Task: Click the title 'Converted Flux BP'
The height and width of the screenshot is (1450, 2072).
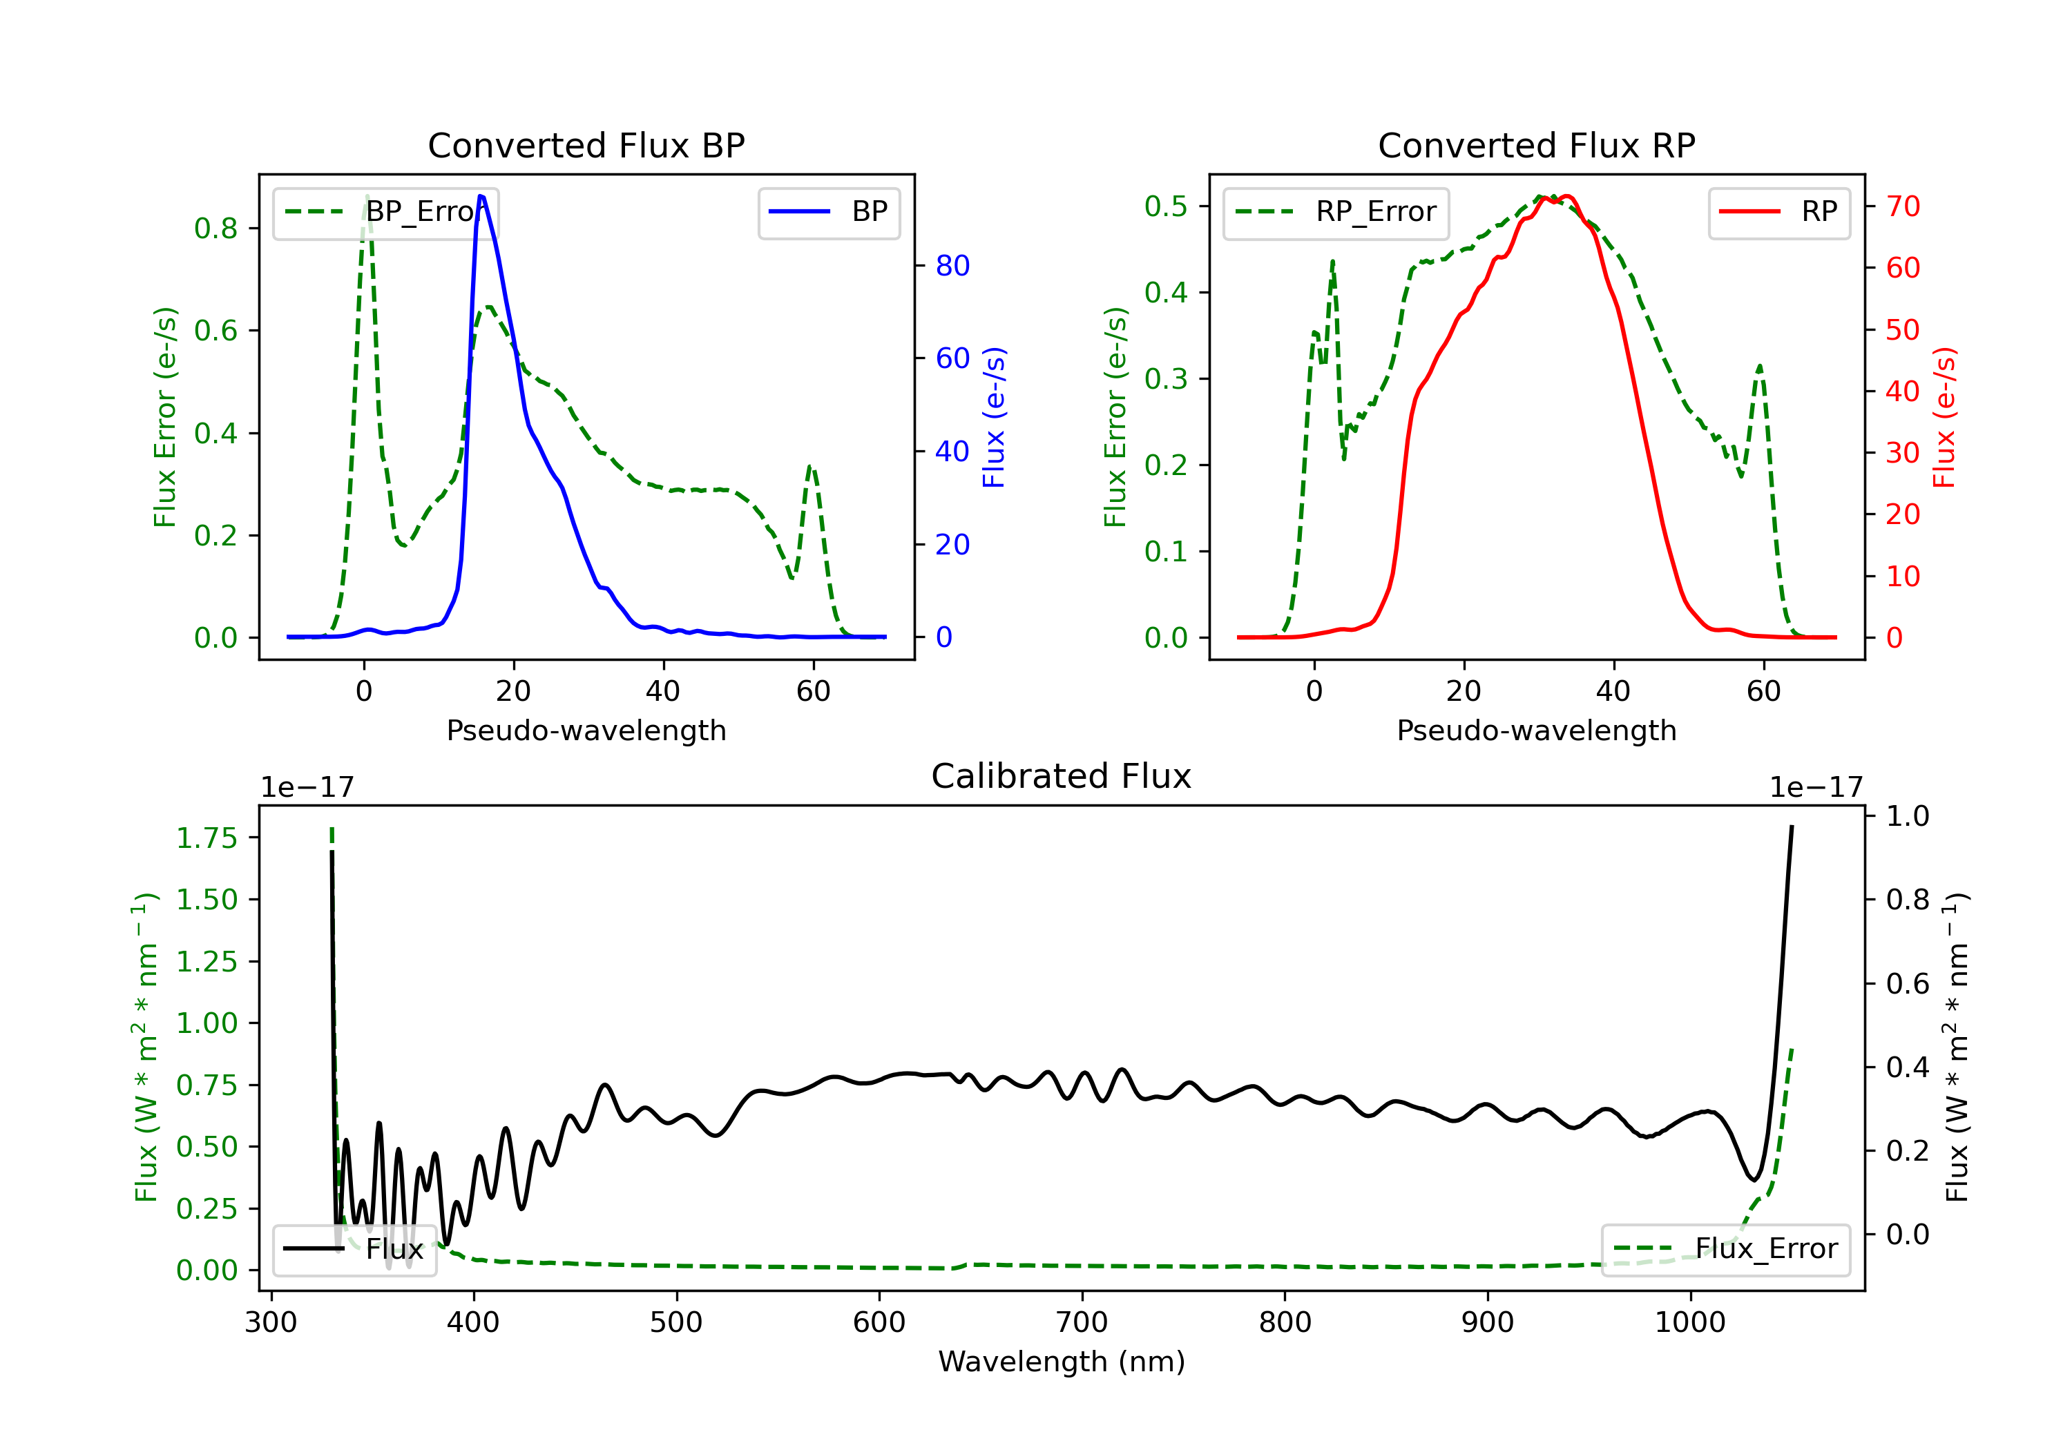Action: pos(586,145)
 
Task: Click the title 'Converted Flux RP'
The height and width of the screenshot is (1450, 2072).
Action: pos(1536,145)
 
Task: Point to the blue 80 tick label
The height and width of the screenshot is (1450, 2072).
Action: pos(952,267)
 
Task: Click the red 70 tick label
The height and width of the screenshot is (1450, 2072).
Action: pos(1902,206)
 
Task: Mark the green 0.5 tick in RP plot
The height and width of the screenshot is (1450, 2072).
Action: pos(1166,206)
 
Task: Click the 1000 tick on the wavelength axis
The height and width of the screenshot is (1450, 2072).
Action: pos(1689,1323)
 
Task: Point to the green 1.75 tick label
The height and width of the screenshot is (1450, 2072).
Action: pos(207,838)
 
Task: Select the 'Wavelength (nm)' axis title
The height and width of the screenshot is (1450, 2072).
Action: pos(1062,1362)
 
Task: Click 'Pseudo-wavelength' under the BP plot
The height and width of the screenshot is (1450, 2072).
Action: pos(586,731)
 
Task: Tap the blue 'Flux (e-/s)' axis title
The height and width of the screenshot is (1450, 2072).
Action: pos(994,418)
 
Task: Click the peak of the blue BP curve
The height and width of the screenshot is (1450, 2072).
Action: pos(481,196)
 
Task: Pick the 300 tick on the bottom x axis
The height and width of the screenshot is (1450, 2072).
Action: pos(271,1323)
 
